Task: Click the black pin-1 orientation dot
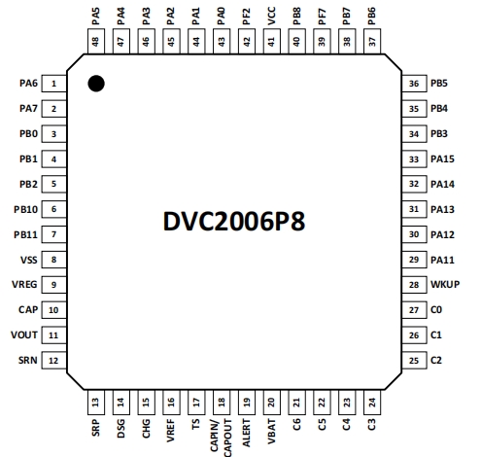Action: (x=96, y=84)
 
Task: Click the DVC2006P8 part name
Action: (x=234, y=222)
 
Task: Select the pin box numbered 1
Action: (x=54, y=84)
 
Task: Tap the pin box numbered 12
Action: (x=54, y=361)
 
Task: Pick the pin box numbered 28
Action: (x=414, y=285)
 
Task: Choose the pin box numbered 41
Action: (x=272, y=41)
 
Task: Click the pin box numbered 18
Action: (x=222, y=403)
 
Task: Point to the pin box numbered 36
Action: (x=414, y=84)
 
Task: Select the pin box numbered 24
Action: (x=372, y=403)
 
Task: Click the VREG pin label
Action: (x=24, y=285)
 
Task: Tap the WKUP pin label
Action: (x=445, y=285)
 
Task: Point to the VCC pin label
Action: (x=272, y=16)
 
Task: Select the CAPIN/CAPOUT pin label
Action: (x=222, y=438)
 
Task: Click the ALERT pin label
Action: (x=247, y=433)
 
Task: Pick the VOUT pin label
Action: (x=24, y=334)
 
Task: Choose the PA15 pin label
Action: (x=442, y=158)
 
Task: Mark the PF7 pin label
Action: (x=322, y=17)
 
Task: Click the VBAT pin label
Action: (x=272, y=432)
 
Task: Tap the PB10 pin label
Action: (x=26, y=209)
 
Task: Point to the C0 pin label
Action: (x=436, y=310)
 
